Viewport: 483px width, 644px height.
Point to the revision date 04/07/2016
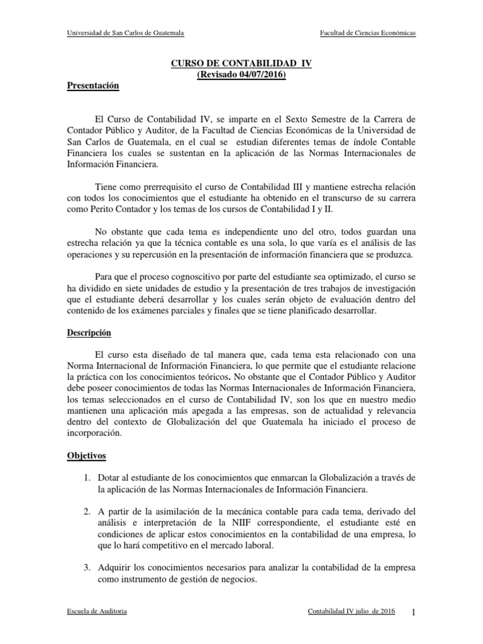click(x=258, y=75)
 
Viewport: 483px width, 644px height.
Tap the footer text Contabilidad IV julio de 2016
click(x=352, y=613)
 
